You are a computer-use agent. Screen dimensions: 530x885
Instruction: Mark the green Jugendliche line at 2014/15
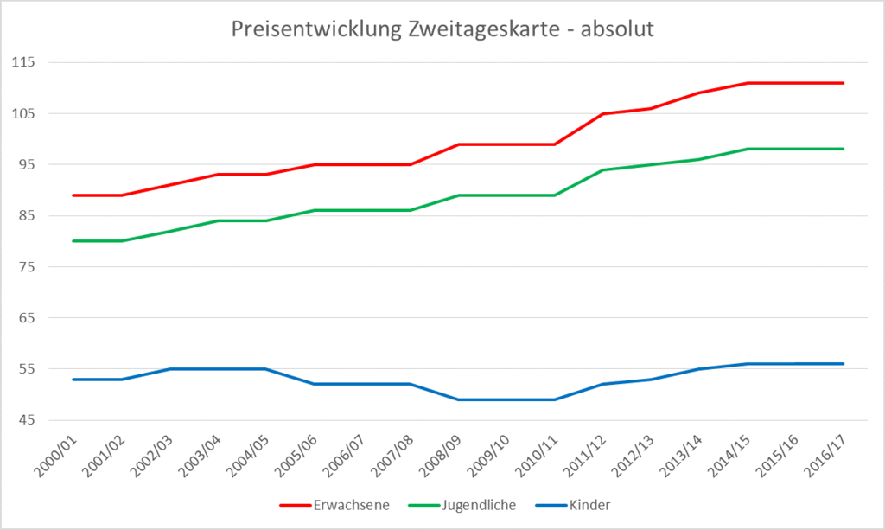748,149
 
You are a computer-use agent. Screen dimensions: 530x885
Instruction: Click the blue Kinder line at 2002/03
169,369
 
